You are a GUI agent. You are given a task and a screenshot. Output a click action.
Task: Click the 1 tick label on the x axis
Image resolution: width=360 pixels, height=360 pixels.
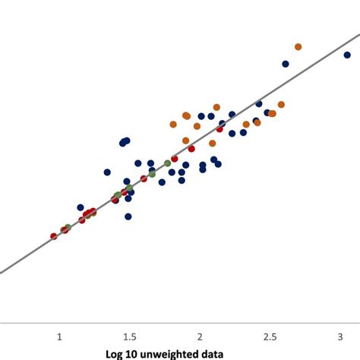pyautogui.click(x=59, y=336)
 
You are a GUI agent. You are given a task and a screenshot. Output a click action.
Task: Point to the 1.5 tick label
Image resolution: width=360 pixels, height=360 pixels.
pyautogui.click(x=129, y=336)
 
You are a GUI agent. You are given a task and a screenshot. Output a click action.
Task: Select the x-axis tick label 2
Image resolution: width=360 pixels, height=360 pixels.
pyautogui.click(x=199, y=336)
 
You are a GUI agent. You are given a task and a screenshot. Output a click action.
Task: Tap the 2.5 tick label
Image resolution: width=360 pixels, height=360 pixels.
pyautogui.click(x=270, y=336)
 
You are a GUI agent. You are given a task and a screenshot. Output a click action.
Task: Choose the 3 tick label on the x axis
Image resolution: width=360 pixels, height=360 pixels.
pyautogui.click(x=339, y=336)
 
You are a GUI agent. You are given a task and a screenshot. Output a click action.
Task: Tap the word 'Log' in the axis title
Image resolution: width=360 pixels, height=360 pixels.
pyautogui.click(x=114, y=353)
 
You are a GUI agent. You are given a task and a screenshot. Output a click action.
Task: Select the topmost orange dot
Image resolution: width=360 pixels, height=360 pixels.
pyautogui.click(x=298, y=47)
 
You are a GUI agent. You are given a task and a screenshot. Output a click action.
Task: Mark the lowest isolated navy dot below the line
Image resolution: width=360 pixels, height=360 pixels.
pyautogui.click(x=128, y=216)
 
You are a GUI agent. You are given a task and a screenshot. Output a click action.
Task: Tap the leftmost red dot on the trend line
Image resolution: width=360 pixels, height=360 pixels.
pyautogui.click(x=53, y=236)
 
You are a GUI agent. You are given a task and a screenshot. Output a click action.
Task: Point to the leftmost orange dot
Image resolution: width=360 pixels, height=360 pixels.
pyautogui.click(x=173, y=125)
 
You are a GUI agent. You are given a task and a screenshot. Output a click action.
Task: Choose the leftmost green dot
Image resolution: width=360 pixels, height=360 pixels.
pyautogui.click(x=68, y=227)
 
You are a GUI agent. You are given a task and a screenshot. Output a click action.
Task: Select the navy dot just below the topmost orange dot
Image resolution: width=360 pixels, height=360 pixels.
pyautogui.click(x=286, y=64)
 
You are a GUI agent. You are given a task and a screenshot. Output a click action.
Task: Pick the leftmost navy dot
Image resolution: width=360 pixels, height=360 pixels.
pyautogui.click(x=81, y=207)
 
